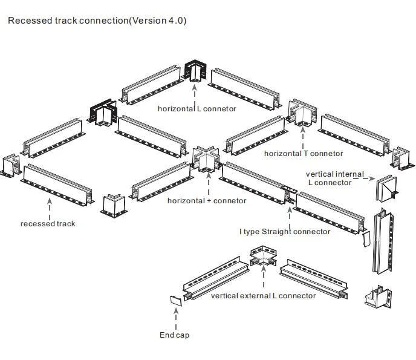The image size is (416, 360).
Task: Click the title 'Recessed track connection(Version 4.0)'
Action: [97, 21]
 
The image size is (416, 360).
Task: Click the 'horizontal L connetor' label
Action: [197, 109]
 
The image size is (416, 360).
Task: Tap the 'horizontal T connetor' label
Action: [303, 154]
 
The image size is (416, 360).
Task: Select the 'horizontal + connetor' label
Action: [207, 200]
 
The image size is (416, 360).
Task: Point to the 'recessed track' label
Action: [48, 224]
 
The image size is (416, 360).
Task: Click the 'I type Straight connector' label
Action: [285, 231]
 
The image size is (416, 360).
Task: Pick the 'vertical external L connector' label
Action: [263, 296]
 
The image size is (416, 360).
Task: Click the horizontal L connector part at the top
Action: [196, 71]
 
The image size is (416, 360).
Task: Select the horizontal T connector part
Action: [301, 113]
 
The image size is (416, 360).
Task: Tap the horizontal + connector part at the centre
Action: [206, 160]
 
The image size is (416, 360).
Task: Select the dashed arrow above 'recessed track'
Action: [49, 206]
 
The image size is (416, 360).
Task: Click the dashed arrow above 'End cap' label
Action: [175, 317]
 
